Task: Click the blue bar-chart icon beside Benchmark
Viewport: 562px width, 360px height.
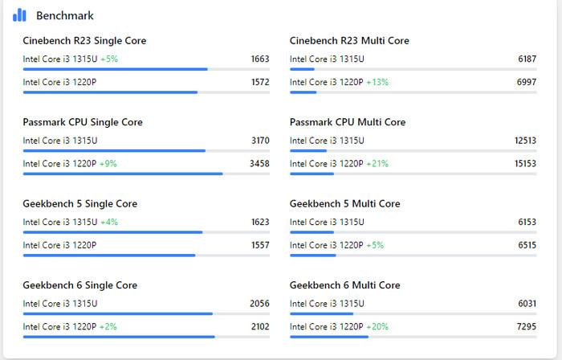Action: [19, 15]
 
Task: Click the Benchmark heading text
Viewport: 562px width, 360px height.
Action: [65, 15]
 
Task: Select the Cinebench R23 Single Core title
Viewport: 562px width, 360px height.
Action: [84, 41]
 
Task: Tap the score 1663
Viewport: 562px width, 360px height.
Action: [260, 59]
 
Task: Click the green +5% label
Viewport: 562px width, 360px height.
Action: [109, 59]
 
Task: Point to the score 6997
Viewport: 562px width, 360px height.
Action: [527, 82]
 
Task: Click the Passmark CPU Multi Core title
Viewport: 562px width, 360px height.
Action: [347, 122]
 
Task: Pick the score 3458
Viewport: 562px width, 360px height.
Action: [260, 163]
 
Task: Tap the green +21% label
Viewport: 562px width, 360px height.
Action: [377, 163]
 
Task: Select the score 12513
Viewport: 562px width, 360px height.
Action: [525, 141]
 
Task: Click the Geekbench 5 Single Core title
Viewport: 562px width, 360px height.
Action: [79, 204]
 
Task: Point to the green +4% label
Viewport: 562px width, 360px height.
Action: [109, 222]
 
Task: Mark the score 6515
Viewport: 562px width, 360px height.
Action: [527, 245]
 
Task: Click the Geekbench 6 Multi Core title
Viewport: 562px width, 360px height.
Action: [344, 285]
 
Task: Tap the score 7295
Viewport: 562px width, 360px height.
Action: [527, 326]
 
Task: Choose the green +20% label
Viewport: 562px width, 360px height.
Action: [377, 326]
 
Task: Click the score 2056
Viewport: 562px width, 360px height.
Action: [260, 304]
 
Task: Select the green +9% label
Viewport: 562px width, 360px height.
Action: [108, 163]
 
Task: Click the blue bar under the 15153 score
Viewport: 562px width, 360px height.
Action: [312, 174]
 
